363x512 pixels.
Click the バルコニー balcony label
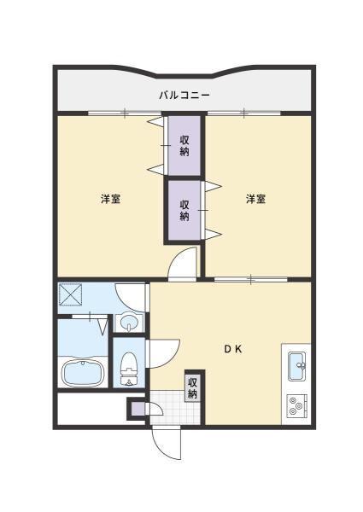184,95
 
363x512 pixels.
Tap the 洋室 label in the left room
110,200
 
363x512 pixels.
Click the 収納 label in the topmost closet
184,146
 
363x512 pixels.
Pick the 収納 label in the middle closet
184,210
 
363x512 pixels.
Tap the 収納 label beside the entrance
192,387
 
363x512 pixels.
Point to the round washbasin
128,323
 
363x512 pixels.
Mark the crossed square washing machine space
72,296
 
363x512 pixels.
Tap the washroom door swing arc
128,295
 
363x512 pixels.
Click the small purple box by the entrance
136,409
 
